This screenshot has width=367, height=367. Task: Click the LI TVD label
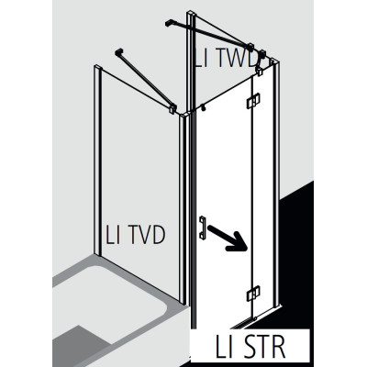[x=135, y=235]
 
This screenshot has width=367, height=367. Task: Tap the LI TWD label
[x=226, y=59]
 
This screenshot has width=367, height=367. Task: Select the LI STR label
[x=250, y=347]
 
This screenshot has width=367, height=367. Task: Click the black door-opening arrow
[x=228, y=239]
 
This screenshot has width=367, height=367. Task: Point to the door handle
[x=202, y=228]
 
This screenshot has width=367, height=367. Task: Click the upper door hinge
[x=253, y=101]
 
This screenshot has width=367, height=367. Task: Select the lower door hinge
[x=253, y=294]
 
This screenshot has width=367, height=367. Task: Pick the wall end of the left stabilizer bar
[x=118, y=52]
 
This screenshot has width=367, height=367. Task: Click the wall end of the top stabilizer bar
[x=169, y=23]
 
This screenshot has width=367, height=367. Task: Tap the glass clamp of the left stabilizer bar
[x=172, y=108]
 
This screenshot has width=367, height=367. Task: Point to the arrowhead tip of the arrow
[x=247, y=250]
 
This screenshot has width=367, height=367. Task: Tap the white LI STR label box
[x=250, y=347]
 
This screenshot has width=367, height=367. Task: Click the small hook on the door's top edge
[x=202, y=107]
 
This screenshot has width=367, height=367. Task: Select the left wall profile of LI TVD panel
[x=97, y=160]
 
